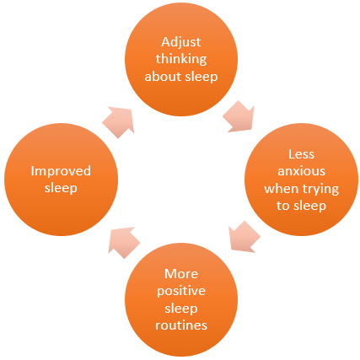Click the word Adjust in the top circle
181,43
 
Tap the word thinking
181,60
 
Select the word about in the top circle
162,77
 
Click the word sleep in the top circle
200,78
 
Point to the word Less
301,154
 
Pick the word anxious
301,171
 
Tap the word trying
321,190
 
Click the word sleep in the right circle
308,207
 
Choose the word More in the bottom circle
181,274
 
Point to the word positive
181,292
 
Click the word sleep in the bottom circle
181,309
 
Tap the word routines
181,325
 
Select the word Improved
61,172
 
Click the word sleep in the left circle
61,189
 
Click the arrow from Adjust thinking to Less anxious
239,116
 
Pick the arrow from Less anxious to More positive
244,237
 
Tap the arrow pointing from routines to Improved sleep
124,242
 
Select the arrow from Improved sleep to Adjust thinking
119,122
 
